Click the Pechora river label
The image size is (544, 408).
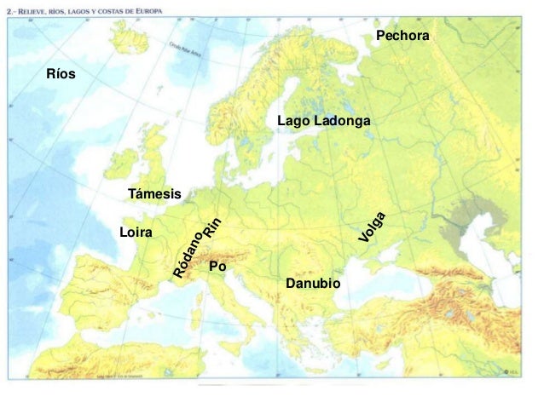402,36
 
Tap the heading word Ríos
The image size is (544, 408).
61,74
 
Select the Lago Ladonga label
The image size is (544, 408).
323,122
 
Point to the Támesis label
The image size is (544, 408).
154,194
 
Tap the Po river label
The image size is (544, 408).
217,267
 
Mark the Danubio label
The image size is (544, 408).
313,282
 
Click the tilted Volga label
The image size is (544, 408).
373,227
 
